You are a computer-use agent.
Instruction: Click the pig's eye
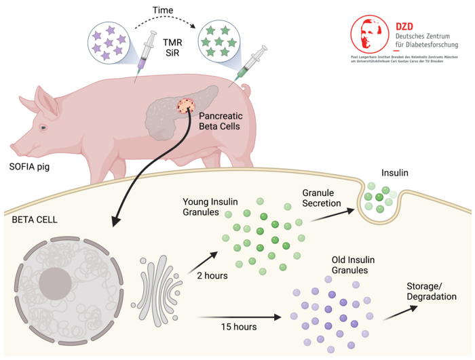pos(43,127)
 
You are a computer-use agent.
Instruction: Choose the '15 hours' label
pos(238,327)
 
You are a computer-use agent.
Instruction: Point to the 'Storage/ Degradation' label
pos(431,291)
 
